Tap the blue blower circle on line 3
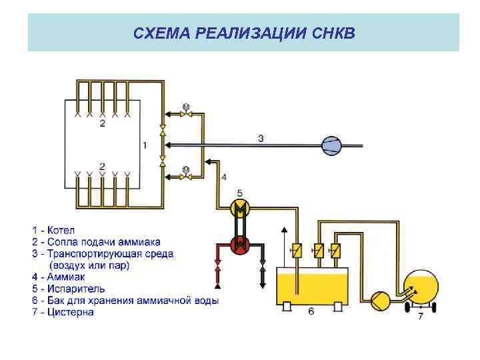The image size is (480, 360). point(331,145)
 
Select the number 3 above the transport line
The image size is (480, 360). point(261,138)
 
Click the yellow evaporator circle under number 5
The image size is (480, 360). point(239,209)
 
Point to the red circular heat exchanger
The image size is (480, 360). point(239,245)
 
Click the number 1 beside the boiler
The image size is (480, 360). point(145,145)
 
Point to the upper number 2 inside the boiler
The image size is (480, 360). point(102,124)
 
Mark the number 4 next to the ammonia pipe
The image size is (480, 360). point(224,177)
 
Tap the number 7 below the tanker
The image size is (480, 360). point(420,317)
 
